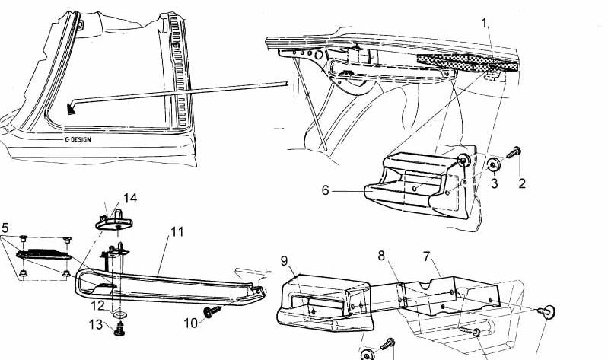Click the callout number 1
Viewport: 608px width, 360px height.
tap(484, 24)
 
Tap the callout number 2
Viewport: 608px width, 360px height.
tap(522, 184)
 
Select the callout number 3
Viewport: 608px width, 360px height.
tap(494, 183)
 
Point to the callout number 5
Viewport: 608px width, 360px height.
tap(5, 228)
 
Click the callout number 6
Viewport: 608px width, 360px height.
tap(326, 190)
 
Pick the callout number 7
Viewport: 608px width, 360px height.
tap(427, 256)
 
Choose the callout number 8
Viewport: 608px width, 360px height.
tap(381, 256)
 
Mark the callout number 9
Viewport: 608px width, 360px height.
tap(285, 261)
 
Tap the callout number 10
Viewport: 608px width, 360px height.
tap(191, 323)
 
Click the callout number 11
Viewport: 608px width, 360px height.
tap(177, 232)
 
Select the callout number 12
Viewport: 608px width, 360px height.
tap(97, 306)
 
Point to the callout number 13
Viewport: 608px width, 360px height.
tap(95, 324)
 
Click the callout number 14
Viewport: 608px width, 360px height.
tap(130, 198)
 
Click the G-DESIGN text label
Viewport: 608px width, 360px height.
tap(78, 139)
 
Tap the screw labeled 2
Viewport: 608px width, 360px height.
tap(514, 152)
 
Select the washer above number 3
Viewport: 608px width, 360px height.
tap(493, 165)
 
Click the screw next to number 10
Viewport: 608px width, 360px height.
tap(212, 311)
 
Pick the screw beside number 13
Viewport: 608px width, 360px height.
tap(119, 330)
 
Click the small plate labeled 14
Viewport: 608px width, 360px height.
tap(114, 221)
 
